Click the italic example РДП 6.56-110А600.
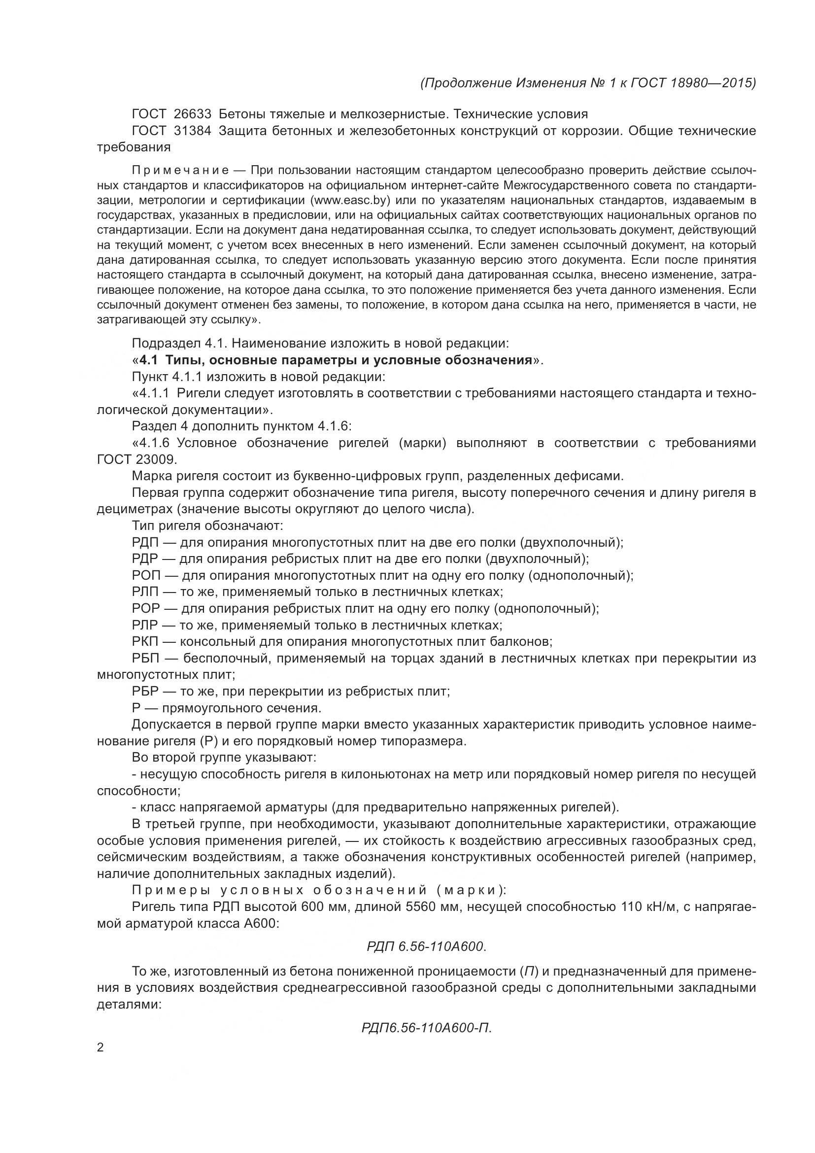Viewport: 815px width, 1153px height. pyautogui.click(x=427, y=946)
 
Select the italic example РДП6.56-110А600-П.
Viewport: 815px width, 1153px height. pyautogui.click(x=427, y=1028)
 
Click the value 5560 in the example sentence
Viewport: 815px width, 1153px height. pyautogui.click(x=414, y=907)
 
